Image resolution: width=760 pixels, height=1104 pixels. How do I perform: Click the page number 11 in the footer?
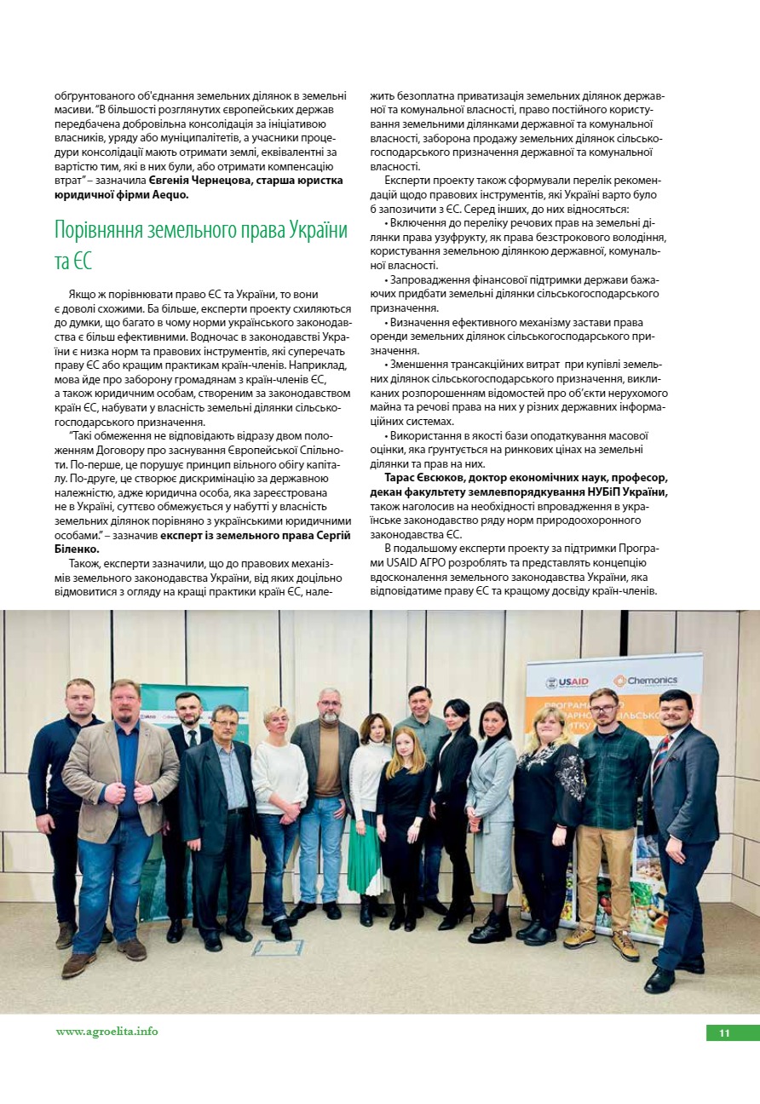pos(724,1033)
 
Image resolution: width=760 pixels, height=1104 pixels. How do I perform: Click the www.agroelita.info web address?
pos(107,1032)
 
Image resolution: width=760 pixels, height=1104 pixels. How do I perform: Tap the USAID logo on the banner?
pos(567,682)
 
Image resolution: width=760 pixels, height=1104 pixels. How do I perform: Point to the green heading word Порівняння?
pos(110,231)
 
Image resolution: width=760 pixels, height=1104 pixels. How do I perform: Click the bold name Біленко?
pos(77,549)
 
